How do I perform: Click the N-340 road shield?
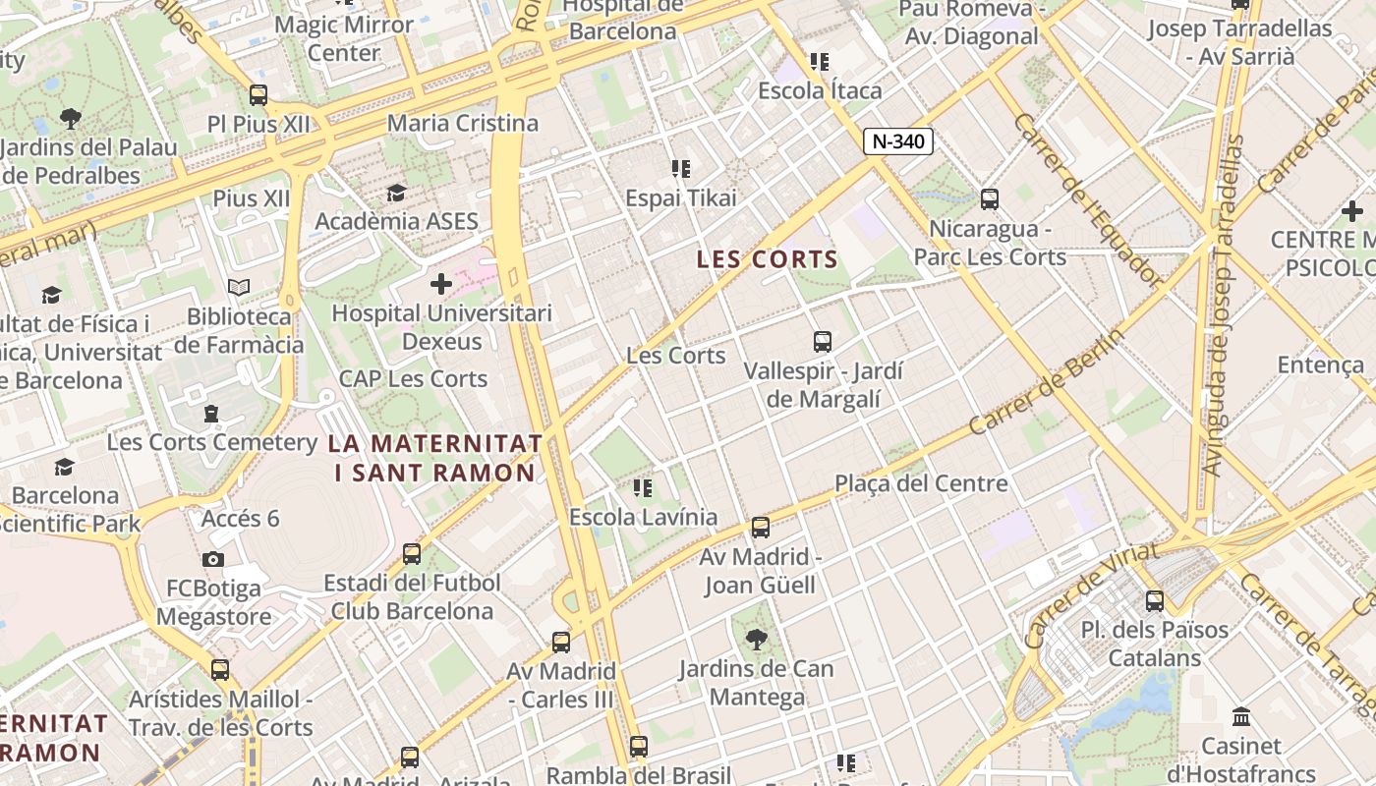[x=898, y=141]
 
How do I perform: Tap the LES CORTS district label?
[x=768, y=260]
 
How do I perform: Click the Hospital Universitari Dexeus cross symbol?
[x=441, y=285]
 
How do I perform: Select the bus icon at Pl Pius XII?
[x=258, y=95]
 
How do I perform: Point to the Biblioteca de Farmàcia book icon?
[x=239, y=287]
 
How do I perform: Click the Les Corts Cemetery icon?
[x=211, y=414]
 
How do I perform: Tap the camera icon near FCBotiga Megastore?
[x=213, y=560]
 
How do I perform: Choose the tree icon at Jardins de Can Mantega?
[x=757, y=641]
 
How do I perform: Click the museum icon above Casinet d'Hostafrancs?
[x=1241, y=716]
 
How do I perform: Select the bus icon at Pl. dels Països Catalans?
[x=1155, y=600]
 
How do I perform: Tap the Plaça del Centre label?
[x=921, y=483]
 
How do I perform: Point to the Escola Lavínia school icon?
[x=643, y=487]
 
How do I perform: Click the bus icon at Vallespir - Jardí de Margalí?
[x=823, y=342]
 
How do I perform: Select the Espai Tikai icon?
[x=680, y=169]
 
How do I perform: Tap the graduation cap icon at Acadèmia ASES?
[x=396, y=193]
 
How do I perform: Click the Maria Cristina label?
[x=463, y=124]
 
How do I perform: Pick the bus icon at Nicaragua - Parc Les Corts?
[x=990, y=199]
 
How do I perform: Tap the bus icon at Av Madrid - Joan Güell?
[x=760, y=528]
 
